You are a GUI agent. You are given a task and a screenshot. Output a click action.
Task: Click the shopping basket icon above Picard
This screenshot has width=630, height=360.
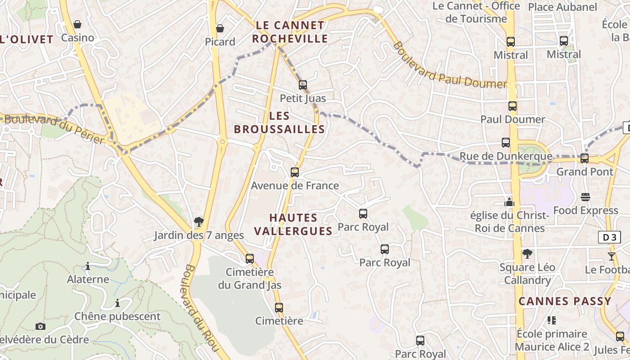220,29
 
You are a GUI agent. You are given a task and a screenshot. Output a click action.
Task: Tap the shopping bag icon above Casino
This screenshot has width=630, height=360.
77,24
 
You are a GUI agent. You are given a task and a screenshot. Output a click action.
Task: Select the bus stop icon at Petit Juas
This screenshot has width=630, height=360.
303,85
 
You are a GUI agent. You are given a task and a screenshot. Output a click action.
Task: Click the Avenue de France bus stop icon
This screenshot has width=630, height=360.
295,172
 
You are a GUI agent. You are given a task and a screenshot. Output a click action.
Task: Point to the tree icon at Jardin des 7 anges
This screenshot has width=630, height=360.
198,221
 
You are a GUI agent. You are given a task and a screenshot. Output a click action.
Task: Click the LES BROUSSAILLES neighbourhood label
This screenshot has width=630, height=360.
279,122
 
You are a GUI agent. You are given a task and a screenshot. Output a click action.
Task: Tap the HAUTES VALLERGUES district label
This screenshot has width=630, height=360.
293,224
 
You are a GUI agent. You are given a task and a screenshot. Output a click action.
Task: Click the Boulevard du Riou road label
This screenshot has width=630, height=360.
201,308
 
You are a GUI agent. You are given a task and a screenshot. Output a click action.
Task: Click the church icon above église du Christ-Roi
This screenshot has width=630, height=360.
509,202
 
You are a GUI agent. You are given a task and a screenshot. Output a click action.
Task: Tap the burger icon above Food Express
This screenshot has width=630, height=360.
585,197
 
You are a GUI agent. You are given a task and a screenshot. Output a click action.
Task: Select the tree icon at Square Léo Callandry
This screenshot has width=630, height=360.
527,254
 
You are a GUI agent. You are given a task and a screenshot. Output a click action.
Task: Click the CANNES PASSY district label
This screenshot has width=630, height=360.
565,301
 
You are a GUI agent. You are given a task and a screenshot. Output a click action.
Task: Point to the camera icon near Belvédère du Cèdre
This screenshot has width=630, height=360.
40,326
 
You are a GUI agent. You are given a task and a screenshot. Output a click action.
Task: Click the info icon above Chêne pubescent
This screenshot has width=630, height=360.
117,303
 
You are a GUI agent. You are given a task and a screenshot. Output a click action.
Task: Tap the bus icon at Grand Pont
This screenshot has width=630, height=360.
585,158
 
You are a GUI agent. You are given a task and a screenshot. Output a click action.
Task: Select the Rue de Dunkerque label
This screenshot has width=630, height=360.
505,157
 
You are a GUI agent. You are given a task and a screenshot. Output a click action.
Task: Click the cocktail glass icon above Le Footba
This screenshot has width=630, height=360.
611,256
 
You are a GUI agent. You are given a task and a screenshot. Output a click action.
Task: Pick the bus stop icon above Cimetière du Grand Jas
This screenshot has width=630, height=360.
250,259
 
